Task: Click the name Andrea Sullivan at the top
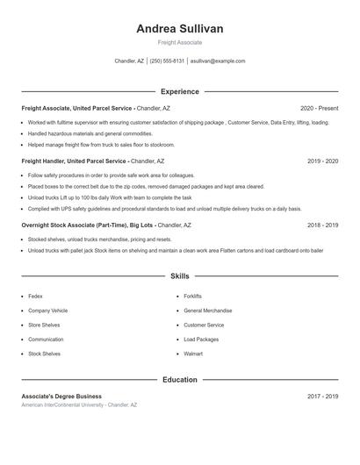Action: pos(180,29)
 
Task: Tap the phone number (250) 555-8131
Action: pos(167,61)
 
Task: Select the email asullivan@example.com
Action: pos(218,61)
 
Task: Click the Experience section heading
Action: pos(180,91)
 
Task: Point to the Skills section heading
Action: pos(180,276)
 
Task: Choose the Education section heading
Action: pos(180,380)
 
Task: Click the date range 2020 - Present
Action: pos(319,108)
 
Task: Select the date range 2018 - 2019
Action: pos(322,225)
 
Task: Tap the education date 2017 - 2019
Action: pos(322,397)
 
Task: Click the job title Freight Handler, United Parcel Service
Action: pos(75,161)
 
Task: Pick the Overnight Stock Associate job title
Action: pos(87,225)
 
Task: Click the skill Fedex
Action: pos(35,297)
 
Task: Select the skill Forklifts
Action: pos(192,297)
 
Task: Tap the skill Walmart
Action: pos(192,354)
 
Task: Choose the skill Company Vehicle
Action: pos(47,311)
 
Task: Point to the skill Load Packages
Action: pos(201,340)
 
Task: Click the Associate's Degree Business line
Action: pos(61,397)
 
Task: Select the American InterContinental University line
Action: pos(79,405)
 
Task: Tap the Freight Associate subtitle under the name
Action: pos(180,42)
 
